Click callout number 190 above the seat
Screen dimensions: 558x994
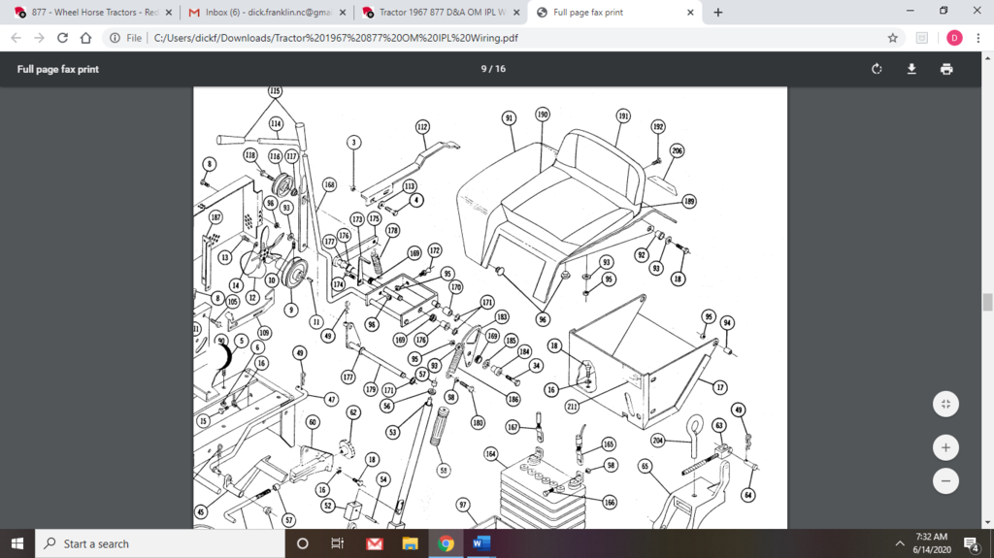click(543, 115)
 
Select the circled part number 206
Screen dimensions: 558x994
click(677, 150)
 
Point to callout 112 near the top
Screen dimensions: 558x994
click(422, 127)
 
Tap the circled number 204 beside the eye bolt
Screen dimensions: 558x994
click(657, 441)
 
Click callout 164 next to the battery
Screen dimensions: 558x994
click(491, 453)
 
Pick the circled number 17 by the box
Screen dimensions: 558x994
click(719, 388)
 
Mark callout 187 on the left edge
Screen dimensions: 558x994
click(215, 217)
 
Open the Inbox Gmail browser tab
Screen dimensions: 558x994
click(265, 13)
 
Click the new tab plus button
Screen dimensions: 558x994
click(718, 13)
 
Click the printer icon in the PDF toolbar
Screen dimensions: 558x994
click(946, 69)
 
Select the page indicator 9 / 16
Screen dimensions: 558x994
click(493, 69)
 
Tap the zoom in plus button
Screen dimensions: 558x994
click(945, 447)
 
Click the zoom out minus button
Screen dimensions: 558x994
click(945, 480)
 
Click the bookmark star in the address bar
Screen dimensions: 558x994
click(893, 38)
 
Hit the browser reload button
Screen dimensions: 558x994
click(63, 38)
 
